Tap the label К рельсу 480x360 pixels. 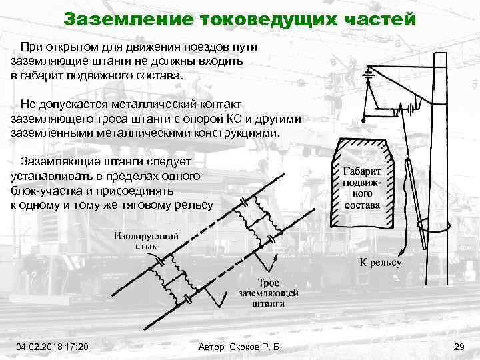tap(381, 263)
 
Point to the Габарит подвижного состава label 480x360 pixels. tap(363, 187)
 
